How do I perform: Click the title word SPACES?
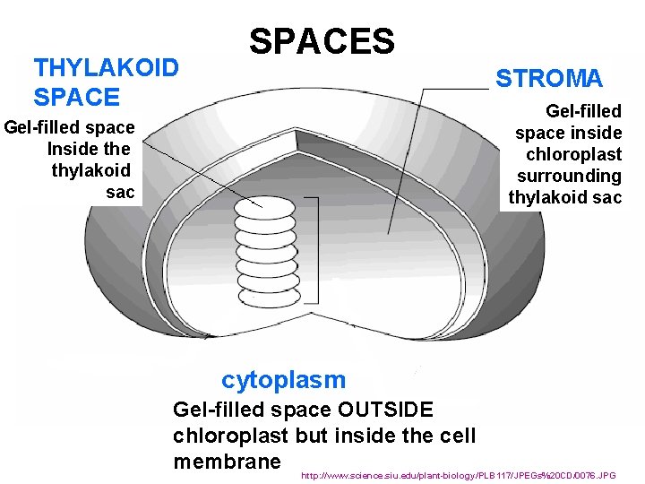click(322, 41)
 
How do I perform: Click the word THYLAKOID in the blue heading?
click(106, 68)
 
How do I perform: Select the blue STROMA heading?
click(549, 79)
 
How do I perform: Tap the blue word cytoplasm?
click(283, 380)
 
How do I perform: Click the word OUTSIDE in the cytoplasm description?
click(388, 410)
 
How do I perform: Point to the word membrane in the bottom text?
click(227, 461)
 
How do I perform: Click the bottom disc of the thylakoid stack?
click(269, 294)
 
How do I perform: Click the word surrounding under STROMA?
click(569, 176)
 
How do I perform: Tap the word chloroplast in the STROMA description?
click(573, 154)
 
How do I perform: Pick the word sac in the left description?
click(120, 192)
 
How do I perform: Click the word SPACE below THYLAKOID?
click(76, 97)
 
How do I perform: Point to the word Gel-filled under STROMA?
click(583, 111)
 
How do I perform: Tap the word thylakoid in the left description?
click(90, 170)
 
